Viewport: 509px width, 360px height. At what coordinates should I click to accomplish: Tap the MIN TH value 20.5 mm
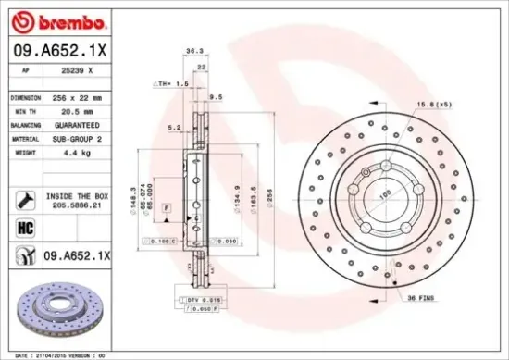(77, 110)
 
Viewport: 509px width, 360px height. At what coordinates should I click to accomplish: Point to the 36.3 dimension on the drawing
(194, 51)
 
